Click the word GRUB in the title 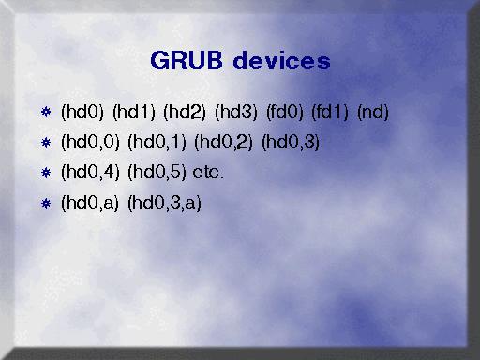pos(187,60)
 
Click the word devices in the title pos(281,60)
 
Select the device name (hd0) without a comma pos(82,112)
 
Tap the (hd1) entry pos(134,112)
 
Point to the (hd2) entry pos(185,112)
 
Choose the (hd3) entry pos(236,112)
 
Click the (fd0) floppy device pos(285,112)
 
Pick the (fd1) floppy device pos(330,112)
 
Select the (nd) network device pos(373,112)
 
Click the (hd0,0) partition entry pos(90,142)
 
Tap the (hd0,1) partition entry pos(157,142)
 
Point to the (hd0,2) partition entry pos(224,142)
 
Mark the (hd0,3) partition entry pos(291,142)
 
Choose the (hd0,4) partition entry pos(90,172)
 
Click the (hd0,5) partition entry pos(157,172)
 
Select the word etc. pos(208,172)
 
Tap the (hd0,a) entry pos(90,202)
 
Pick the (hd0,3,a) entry pos(164,202)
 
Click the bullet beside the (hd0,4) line pos(46,172)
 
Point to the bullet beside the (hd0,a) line pos(46,203)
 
